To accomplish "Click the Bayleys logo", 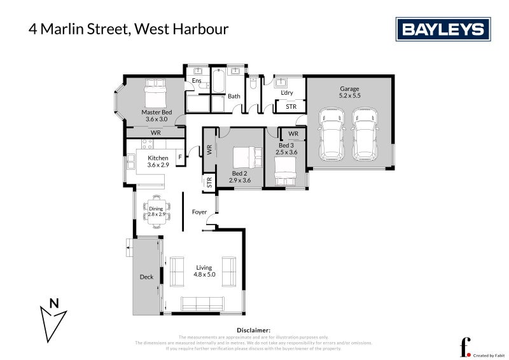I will [443, 29].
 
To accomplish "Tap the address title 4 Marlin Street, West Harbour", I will [128, 29].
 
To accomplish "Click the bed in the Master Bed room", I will [155, 94].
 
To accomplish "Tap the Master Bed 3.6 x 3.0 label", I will [156, 116].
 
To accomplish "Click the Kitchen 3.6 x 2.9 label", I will [158, 162].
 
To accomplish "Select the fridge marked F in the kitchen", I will [181, 156].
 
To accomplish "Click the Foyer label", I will [199, 212].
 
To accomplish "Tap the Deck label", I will [146, 277].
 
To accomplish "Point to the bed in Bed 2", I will [245, 156].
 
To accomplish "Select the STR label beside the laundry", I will [291, 106].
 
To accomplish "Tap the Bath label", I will [234, 96].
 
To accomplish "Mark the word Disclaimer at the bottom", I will [254, 330].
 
